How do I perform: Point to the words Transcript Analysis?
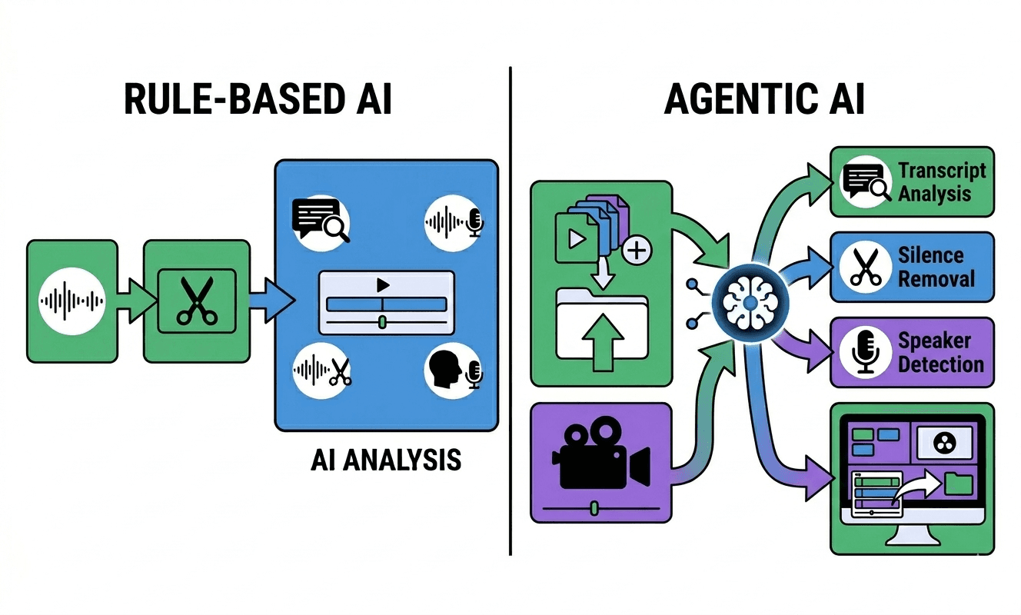[940, 181]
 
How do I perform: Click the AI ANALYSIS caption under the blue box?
[386, 459]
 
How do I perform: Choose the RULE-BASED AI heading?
[258, 100]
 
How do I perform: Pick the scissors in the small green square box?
[196, 301]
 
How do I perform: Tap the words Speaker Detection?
[940, 352]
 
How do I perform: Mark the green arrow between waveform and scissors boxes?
[131, 301]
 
